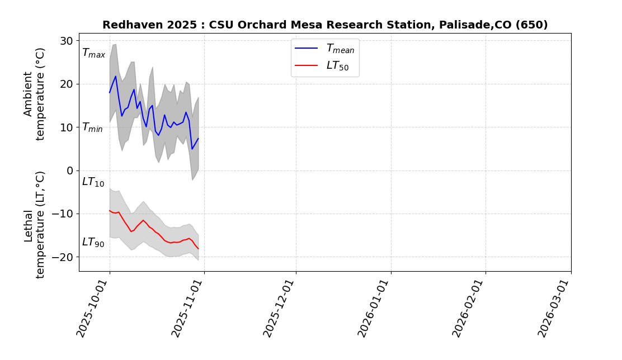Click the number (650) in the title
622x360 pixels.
(531, 25)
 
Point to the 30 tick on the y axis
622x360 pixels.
(67, 41)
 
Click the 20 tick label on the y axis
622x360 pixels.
(67, 84)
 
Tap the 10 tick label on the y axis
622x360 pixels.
(67, 127)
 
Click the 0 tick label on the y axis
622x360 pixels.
(70, 170)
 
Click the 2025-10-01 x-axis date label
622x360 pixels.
(93, 309)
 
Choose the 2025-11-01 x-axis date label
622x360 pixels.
(188, 309)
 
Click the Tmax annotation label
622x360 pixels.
(93, 54)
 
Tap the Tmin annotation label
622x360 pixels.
(92, 127)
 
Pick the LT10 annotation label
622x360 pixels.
(93, 182)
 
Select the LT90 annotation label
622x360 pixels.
(93, 243)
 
